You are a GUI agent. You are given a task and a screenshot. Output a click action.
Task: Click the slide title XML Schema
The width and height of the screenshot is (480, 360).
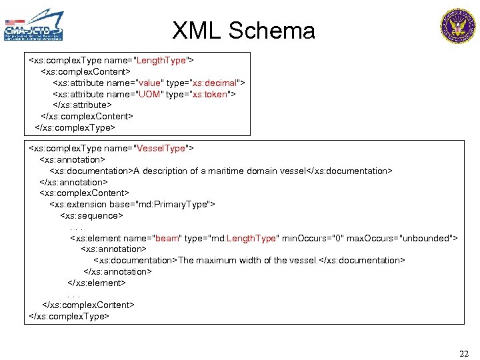point(243,31)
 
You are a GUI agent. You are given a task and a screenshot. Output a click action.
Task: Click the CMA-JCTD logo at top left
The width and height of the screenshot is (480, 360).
point(34,25)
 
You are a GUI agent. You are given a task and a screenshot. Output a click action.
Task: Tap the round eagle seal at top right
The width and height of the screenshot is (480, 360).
point(458,26)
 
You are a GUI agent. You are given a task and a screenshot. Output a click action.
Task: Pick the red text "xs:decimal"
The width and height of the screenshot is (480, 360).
point(215,83)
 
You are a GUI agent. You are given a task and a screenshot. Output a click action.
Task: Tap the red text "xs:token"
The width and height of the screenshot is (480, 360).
point(211,94)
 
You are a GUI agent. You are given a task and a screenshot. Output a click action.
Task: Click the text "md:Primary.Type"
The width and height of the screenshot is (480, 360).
point(174,205)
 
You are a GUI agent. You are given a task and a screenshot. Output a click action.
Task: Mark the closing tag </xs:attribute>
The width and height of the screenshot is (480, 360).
point(82,105)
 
